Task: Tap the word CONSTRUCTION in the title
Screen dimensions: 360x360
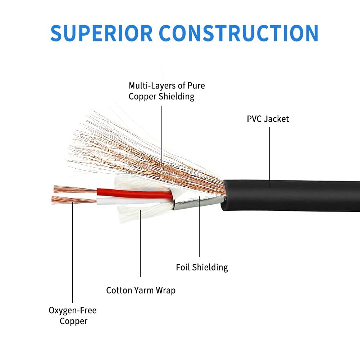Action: pyautogui.click(x=238, y=33)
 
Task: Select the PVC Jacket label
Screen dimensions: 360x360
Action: pyautogui.click(x=268, y=119)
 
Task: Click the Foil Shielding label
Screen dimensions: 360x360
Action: pyautogui.click(x=202, y=267)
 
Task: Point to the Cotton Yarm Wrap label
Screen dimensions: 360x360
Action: pyautogui.click(x=141, y=290)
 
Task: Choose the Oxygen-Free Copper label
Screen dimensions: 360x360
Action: pyautogui.click(x=73, y=315)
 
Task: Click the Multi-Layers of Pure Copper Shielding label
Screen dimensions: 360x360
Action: pyautogui.click(x=167, y=91)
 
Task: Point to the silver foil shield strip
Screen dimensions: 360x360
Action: pyautogui.click(x=198, y=202)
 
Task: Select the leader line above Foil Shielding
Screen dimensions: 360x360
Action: pyautogui.click(x=199, y=230)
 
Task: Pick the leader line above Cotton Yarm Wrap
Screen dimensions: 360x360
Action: pyautogui.click(x=140, y=248)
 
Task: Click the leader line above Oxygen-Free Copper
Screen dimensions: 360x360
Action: pyautogui.click(x=73, y=252)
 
